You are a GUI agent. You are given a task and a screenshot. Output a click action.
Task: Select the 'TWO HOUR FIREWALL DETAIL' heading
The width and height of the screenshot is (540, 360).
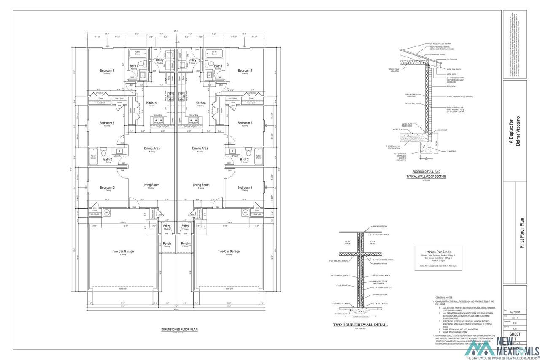(360, 325)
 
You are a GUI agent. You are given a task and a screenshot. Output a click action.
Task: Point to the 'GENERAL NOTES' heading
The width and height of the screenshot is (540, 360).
(444, 298)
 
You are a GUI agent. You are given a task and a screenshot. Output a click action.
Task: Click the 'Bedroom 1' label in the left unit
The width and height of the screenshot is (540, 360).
(107, 70)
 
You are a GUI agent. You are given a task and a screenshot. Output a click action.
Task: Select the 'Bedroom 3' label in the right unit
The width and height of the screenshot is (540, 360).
(245, 187)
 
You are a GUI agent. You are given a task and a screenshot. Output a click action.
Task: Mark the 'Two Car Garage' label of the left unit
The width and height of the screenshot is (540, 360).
(123, 252)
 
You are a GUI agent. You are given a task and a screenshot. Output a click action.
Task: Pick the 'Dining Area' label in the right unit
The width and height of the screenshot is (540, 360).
(200, 149)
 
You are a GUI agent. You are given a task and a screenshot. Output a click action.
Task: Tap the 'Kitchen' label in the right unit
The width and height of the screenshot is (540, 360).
(201, 103)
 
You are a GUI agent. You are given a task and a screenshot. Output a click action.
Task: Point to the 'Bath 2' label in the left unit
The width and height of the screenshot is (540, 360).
(108, 160)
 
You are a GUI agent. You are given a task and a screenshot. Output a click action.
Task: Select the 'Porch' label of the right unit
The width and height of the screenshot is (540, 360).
(185, 244)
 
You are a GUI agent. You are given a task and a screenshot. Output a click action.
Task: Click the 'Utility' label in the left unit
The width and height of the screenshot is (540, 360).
(159, 60)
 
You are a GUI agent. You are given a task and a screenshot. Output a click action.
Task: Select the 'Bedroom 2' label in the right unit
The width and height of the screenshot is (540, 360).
(245, 123)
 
